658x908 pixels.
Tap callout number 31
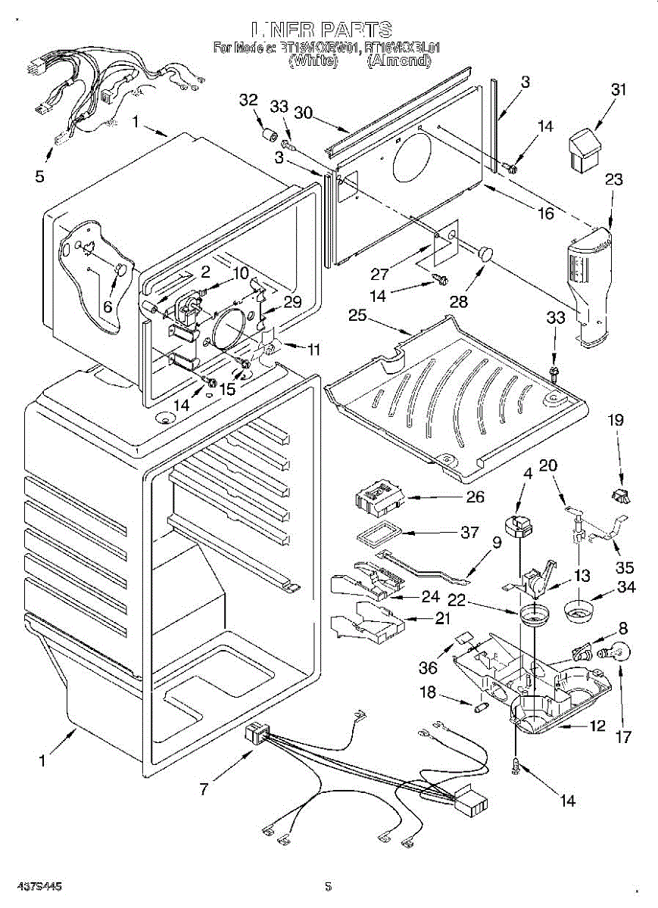point(619,89)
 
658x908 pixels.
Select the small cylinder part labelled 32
point(267,136)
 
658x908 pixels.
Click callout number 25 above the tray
point(357,315)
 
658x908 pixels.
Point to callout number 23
point(614,180)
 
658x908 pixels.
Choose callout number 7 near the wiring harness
point(203,789)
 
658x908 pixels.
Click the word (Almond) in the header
point(398,61)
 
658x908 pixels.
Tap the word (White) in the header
point(313,61)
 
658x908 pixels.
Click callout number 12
point(597,726)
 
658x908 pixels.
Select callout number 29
point(292,302)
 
